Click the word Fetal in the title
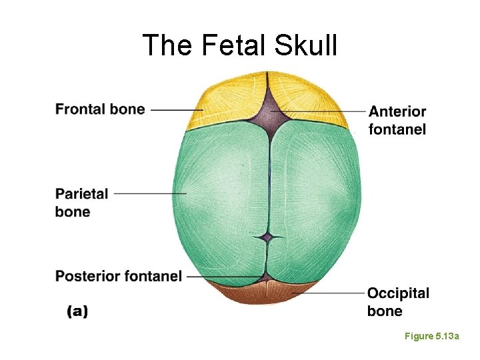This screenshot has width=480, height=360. point(223,45)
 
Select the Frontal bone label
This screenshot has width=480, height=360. point(100,109)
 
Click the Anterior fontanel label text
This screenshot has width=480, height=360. point(397,120)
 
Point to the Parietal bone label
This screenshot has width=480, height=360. point(81,203)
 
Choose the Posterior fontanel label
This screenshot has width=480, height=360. point(118,276)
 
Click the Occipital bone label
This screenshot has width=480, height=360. point(398,302)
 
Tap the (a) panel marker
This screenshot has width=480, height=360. point(77,311)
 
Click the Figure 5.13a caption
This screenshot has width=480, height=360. point(432,337)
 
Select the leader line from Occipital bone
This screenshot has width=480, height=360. point(327,292)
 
